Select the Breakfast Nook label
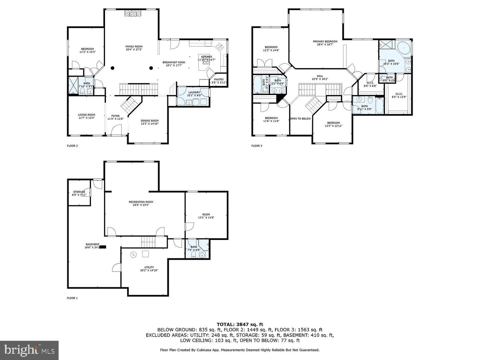click(174, 64)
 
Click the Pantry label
click(219, 81)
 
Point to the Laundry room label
click(194, 94)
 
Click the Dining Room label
click(149, 122)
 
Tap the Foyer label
click(115, 117)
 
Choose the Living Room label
click(87, 116)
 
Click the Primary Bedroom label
click(325, 43)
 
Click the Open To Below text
click(300, 119)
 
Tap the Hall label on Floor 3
click(320, 77)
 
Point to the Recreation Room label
click(141, 203)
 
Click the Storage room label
click(79, 193)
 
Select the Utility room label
click(149, 269)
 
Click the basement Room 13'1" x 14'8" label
click(206, 216)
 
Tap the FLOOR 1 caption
click(72, 298)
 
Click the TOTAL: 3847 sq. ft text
click(240, 324)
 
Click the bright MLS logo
click(29, 350)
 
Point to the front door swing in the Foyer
click(116, 130)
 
